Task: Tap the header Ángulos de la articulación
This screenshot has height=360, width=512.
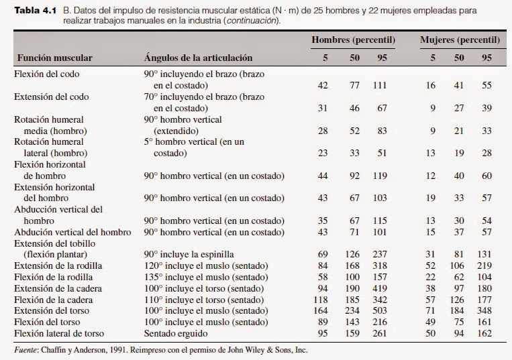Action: pos(198,58)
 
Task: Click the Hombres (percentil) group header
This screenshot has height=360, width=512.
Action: pos(353,40)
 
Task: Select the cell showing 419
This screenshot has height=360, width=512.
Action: pos(381,288)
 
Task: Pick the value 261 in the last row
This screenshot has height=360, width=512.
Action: pos(381,333)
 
